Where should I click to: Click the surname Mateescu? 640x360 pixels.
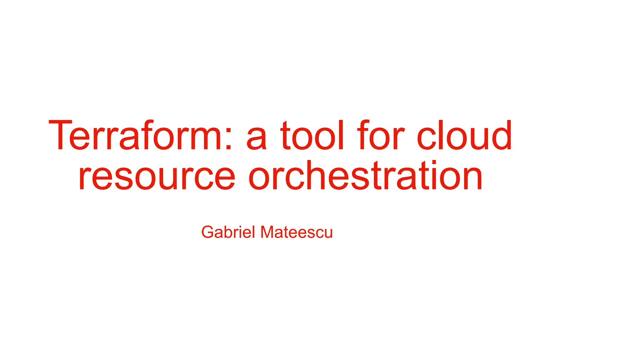coord(296,232)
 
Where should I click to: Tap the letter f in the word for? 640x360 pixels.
coord(364,135)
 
